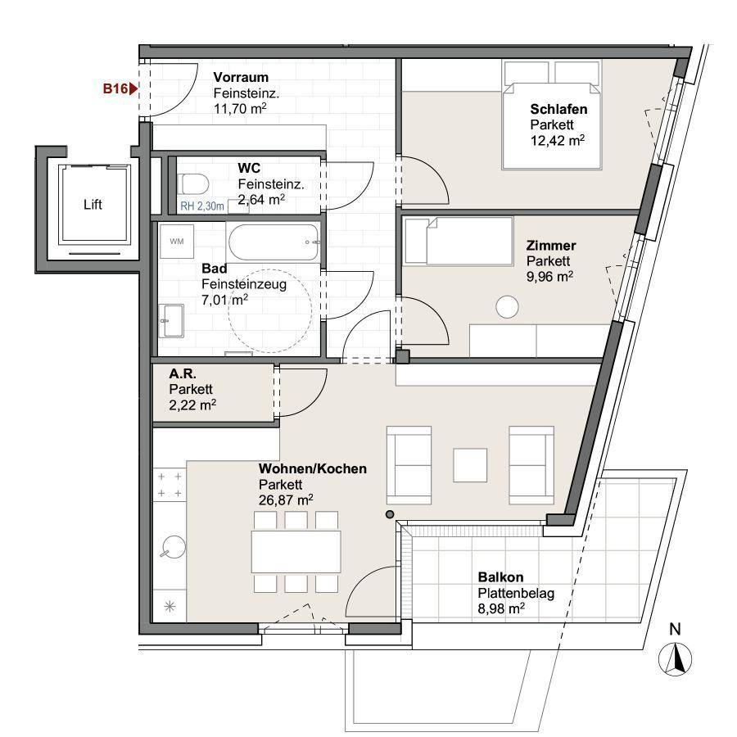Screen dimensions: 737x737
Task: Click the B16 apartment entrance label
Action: [x=115, y=88]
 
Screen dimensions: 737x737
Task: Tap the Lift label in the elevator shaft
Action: [x=93, y=205]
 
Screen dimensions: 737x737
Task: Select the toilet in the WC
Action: [x=193, y=183]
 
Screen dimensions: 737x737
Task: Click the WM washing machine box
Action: [x=177, y=241]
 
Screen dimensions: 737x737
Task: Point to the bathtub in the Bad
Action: [x=274, y=242]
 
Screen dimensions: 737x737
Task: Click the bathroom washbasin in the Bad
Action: [x=171, y=320]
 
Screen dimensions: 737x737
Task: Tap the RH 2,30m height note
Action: [x=202, y=206]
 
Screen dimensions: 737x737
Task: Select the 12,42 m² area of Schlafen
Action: [x=558, y=140]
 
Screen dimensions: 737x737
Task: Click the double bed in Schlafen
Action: [x=552, y=114]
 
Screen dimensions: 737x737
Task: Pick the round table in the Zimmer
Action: [x=507, y=306]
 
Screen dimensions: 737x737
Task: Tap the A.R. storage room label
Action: [x=183, y=373]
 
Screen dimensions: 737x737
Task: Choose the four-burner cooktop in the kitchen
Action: [x=170, y=485]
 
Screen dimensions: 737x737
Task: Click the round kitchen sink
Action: [x=174, y=547]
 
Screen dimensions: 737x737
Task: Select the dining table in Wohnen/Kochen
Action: [x=296, y=552]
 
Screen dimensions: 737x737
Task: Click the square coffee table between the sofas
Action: [x=470, y=465]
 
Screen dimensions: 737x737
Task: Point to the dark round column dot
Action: [x=390, y=515]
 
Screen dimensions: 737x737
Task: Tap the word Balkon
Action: [x=500, y=577]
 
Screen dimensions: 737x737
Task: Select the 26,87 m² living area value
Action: [x=286, y=500]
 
